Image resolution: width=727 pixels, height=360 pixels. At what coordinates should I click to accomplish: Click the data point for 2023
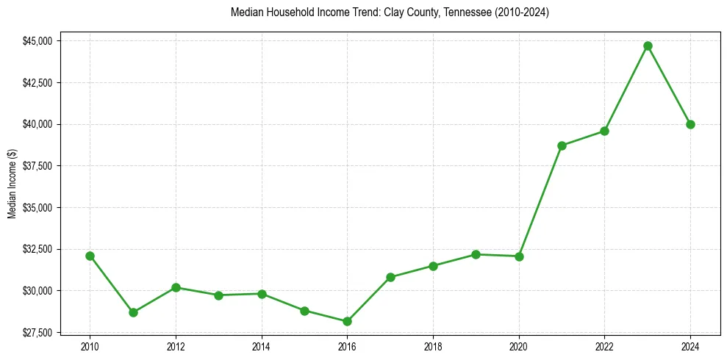pos(648,46)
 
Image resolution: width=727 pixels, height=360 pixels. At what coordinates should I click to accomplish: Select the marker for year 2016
pos(347,321)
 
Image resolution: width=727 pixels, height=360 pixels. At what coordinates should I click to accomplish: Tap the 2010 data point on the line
pos(90,256)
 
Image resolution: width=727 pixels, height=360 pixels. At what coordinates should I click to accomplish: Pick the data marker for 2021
pos(562,145)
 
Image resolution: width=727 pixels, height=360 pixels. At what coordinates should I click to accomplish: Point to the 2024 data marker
pos(690,124)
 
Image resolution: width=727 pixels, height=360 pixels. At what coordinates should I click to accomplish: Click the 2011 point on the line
pos(133,312)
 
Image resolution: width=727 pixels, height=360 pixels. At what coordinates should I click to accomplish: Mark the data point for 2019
pos(476,254)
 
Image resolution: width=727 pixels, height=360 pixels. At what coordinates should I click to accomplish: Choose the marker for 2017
pos(390,277)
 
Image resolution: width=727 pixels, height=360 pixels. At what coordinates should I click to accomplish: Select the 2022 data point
pos(604,131)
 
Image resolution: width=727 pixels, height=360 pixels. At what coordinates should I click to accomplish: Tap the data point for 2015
pos(304,311)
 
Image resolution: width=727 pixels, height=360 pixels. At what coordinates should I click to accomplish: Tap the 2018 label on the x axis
pos(433,347)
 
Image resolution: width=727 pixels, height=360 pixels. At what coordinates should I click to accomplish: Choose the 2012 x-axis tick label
pos(176,347)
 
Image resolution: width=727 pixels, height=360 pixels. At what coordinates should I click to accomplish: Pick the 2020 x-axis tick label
pos(519,347)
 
